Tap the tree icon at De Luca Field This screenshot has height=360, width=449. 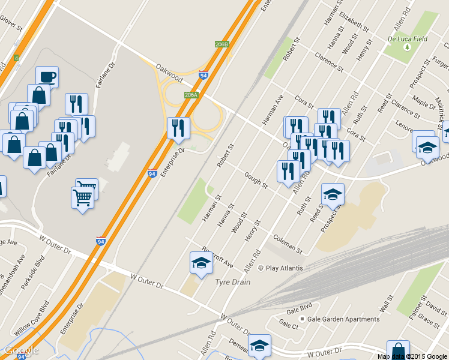(x=408, y=47)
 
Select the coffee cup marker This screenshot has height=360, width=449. (x=47, y=77)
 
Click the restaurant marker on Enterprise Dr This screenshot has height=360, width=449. (x=178, y=128)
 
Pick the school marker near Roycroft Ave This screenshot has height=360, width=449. (x=201, y=262)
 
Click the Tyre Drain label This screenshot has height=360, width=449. (x=232, y=281)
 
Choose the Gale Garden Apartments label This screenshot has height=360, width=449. (x=343, y=319)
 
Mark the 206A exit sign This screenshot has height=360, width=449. (x=191, y=95)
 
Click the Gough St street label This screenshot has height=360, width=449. (x=256, y=179)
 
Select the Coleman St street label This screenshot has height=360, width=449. (x=287, y=242)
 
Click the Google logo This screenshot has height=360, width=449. (x=21, y=350)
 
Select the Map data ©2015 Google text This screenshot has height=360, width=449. (x=412, y=356)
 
